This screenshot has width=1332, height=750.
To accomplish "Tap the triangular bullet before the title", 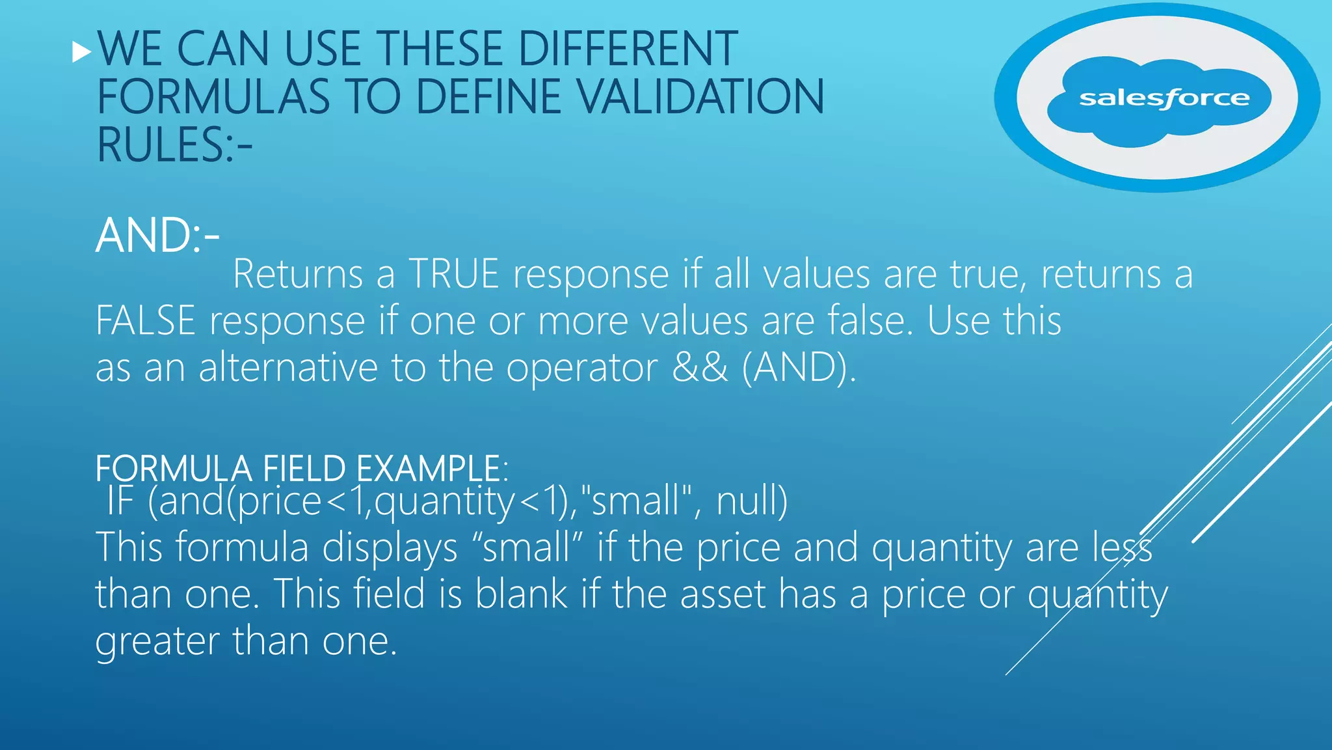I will [x=82, y=51].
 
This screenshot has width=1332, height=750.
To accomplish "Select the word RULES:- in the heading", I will [x=174, y=145].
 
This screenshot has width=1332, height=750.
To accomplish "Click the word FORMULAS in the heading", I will [x=213, y=97].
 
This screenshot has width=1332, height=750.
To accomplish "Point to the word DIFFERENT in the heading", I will [x=628, y=49].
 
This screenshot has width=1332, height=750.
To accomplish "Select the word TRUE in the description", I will [x=453, y=274].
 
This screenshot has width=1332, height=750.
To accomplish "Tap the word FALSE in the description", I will [x=145, y=321].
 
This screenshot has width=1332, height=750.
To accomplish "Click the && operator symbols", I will [x=699, y=367].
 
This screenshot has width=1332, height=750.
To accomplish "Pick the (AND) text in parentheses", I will [x=799, y=368].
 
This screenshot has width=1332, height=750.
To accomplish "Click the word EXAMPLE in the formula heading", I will [x=427, y=468].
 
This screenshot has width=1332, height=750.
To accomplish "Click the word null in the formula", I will [x=751, y=501].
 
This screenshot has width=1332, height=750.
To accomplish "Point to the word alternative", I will [x=287, y=368].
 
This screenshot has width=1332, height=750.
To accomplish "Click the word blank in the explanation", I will [x=521, y=594].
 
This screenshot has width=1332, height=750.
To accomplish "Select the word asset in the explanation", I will [x=723, y=594].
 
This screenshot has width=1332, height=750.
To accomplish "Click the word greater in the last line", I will [x=157, y=641].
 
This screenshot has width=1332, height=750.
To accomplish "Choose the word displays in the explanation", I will [x=390, y=548].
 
